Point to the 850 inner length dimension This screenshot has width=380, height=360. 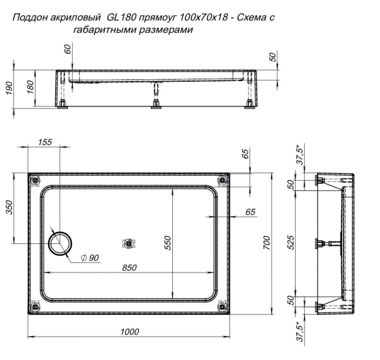[129, 267]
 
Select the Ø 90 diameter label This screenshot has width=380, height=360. [91, 257]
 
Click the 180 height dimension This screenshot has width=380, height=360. [30, 87]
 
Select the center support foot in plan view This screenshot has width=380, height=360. [129, 243]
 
